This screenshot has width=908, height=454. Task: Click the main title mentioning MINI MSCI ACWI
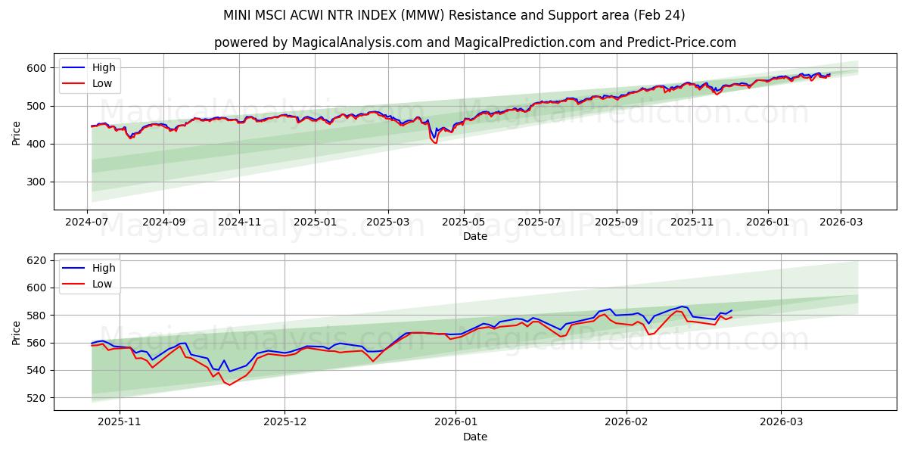[454, 15]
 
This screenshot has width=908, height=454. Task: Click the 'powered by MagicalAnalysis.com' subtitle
[474, 42]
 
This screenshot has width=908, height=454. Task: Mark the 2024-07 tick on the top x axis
[87, 222]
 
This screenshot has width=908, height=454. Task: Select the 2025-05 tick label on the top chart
[464, 222]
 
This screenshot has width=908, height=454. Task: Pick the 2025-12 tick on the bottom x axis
[285, 422]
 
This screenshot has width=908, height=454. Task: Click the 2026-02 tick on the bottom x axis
[628, 422]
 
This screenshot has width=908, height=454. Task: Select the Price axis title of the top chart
[17, 132]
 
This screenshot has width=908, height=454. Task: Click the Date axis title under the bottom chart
[474, 437]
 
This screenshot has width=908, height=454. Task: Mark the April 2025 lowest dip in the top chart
[435, 142]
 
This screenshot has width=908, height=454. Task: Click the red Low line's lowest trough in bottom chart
[229, 385]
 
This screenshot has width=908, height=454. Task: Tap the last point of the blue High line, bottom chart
[732, 310]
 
